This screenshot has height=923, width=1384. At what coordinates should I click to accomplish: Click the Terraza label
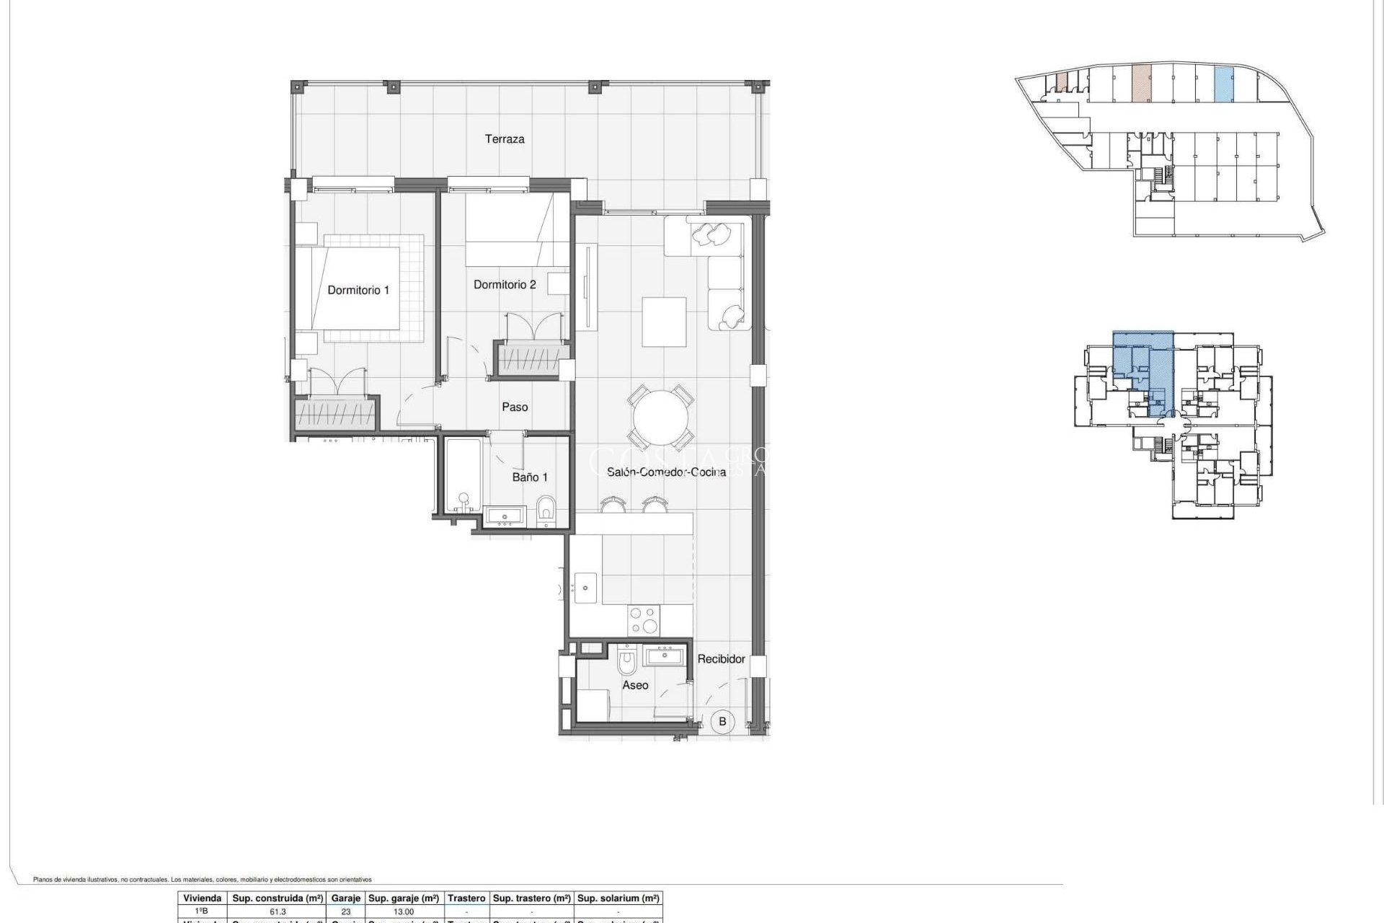click(505, 139)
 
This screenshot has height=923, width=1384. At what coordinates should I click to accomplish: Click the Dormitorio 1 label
click(358, 290)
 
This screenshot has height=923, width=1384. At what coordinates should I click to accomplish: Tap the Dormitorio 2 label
click(505, 285)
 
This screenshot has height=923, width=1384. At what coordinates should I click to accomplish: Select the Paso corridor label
click(515, 407)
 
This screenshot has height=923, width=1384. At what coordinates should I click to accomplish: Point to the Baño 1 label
click(530, 477)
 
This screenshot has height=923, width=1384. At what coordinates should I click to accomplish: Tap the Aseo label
click(635, 685)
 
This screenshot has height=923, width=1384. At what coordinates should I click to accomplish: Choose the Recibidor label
click(721, 659)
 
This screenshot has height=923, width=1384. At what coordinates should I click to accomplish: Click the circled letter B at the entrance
click(722, 721)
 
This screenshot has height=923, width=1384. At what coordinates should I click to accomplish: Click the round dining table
click(662, 418)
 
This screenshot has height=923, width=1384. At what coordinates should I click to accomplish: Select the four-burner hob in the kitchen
click(644, 620)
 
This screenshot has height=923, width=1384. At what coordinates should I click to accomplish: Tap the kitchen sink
click(585, 588)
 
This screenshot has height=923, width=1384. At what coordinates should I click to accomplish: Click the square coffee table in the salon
click(664, 322)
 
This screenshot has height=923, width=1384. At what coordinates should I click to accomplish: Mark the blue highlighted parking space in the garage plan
click(1224, 84)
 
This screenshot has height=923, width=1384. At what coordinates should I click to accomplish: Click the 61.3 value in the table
click(278, 911)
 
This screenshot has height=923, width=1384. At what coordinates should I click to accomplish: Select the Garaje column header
click(346, 898)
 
